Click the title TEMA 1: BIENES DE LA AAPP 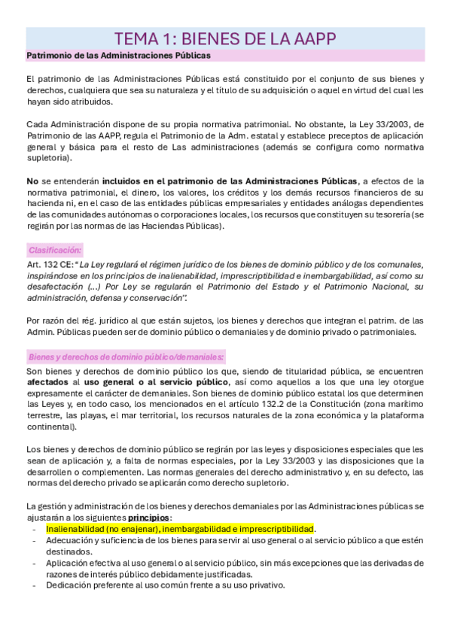click(225, 38)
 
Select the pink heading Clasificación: click(56, 250)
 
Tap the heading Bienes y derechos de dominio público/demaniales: click(126, 357)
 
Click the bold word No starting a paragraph click(32, 181)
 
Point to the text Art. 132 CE click(50, 264)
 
